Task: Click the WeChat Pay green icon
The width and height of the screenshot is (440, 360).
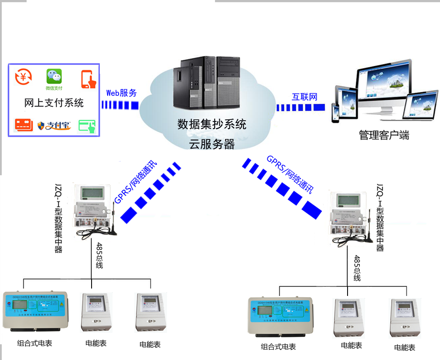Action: pos(54,77)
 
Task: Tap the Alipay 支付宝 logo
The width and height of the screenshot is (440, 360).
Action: pos(54,126)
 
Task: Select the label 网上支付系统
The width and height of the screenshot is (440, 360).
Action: pos(54,103)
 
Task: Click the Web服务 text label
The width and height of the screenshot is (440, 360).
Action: pos(122,93)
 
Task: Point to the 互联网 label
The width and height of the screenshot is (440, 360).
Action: pos(304,97)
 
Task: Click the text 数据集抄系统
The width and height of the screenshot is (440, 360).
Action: pos(212,125)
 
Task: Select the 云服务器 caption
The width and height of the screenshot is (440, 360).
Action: pos(211,144)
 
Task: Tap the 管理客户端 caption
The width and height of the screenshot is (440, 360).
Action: pos(384,135)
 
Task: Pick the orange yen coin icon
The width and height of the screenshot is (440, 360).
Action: pos(23,77)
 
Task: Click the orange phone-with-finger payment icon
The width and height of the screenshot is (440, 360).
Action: pos(89,79)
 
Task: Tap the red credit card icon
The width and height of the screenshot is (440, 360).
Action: pos(24,125)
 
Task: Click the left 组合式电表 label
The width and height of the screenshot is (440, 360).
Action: pos(34,343)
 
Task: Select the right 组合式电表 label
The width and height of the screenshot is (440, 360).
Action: pos(278,347)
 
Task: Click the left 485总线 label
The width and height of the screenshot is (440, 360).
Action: pos(99,255)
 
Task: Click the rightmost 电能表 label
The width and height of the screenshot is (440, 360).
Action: pos(404,348)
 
